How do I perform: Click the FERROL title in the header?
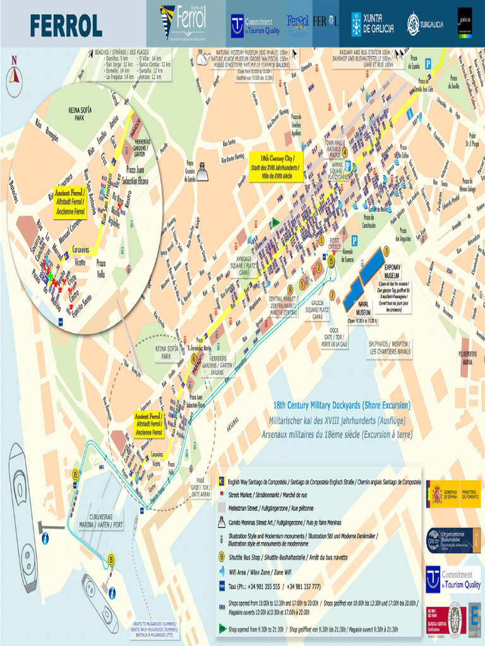(x=66, y=25)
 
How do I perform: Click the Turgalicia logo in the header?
(x=425, y=24)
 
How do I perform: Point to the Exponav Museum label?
(x=392, y=271)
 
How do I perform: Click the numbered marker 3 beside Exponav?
(x=386, y=250)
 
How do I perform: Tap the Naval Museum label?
(x=362, y=312)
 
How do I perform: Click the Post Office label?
(x=335, y=244)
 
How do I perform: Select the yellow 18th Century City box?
(x=277, y=165)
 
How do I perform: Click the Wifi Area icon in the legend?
(x=222, y=572)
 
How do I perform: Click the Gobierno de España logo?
(x=453, y=493)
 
